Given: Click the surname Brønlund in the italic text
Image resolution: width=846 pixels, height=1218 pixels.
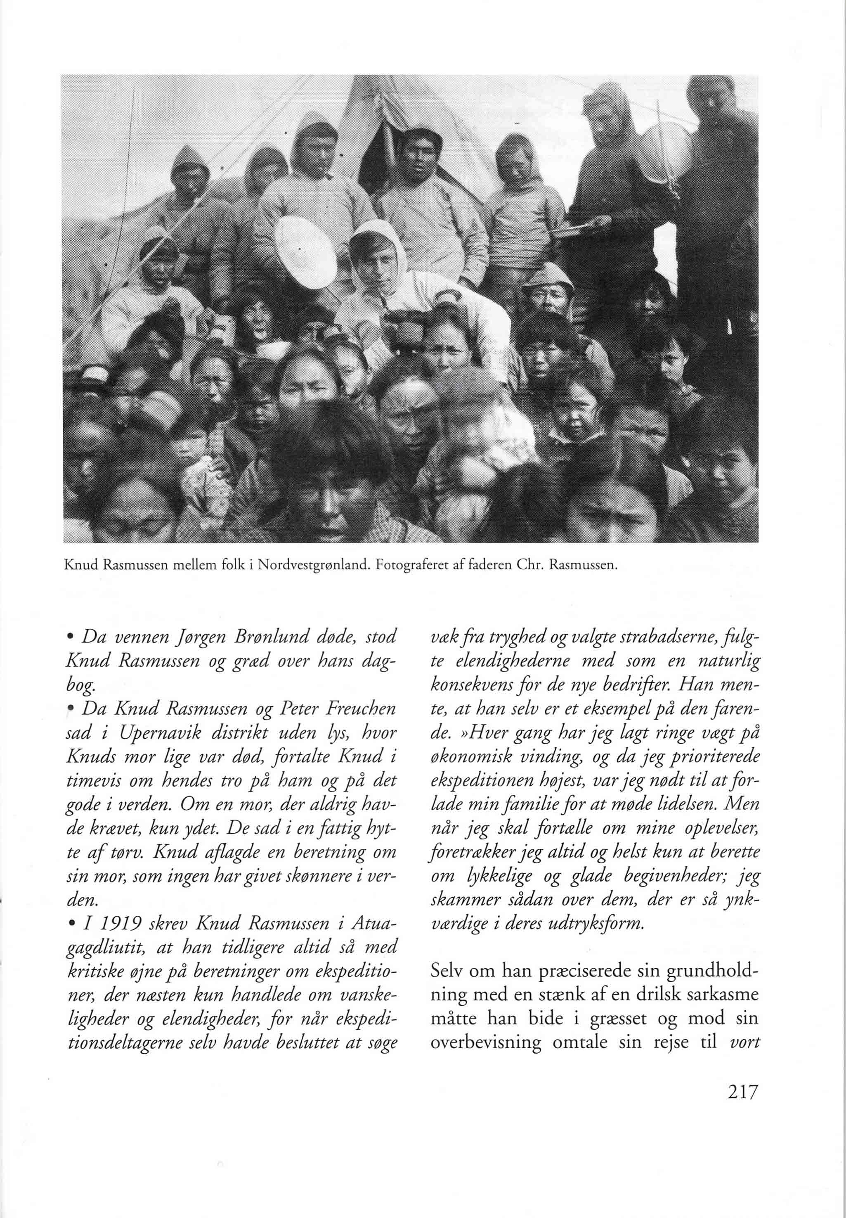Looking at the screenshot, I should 236,637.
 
